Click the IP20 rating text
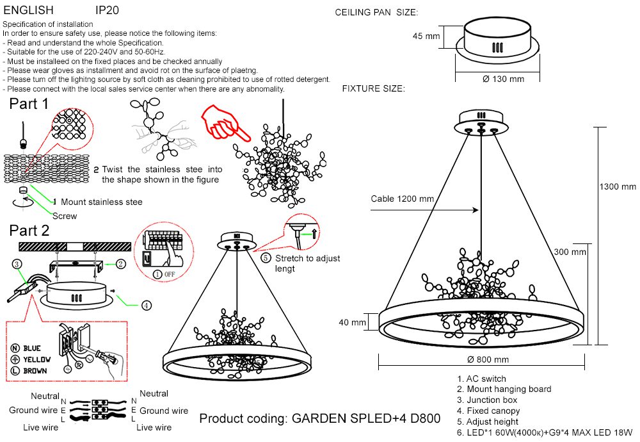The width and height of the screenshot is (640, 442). click(x=107, y=11)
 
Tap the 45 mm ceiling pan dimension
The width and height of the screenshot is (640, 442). click(x=426, y=37)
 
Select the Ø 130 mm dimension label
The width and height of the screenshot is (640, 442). click(x=503, y=79)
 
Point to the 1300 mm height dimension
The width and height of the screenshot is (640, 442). click(x=618, y=187)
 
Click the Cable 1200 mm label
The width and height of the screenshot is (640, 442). click(x=402, y=199)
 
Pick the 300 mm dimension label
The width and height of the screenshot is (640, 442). click(x=570, y=252)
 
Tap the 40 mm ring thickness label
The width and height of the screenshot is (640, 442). click(x=352, y=322)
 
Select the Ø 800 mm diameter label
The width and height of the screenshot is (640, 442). click(x=488, y=359)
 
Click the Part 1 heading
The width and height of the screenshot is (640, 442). click(x=29, y=104)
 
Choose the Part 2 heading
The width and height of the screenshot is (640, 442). click(x=29, y=231)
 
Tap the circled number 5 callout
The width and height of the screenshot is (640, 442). click(x=266, y=258)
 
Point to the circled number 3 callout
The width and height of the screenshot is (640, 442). click(x=17, y=263)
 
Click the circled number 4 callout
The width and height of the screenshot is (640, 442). click(x=147, y=306)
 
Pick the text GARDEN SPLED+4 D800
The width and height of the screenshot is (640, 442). click(x=366, y=419)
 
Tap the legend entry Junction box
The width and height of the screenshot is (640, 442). click(x=492, y=400)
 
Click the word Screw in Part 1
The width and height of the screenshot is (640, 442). click(x=65, y=216)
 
